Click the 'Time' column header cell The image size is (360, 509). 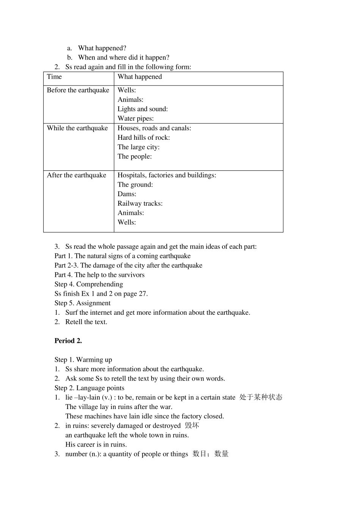[54, 77]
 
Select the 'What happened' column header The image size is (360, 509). [139, 77]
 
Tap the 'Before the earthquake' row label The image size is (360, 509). [78, 90]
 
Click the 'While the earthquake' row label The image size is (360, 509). [77, 128]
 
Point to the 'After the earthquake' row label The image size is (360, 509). [77, 175]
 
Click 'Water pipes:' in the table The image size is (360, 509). [135, 119]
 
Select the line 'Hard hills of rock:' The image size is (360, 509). [144, 137]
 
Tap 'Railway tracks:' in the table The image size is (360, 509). [140, 203]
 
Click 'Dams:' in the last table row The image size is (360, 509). [127, 194]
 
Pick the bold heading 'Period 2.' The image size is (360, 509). [68, 341]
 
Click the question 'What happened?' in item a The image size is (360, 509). [102, 48]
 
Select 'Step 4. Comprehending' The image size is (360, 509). [89, 284]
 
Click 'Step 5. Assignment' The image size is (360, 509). [82, 303]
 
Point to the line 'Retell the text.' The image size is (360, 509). [86, 322]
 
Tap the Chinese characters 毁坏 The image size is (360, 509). [192, 426]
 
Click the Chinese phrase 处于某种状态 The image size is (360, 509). [261, 397]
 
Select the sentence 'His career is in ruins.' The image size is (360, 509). [96, 445]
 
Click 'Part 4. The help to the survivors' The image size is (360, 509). [99, 275]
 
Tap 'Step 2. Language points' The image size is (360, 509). [89, 388]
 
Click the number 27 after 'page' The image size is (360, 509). [142, 294]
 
